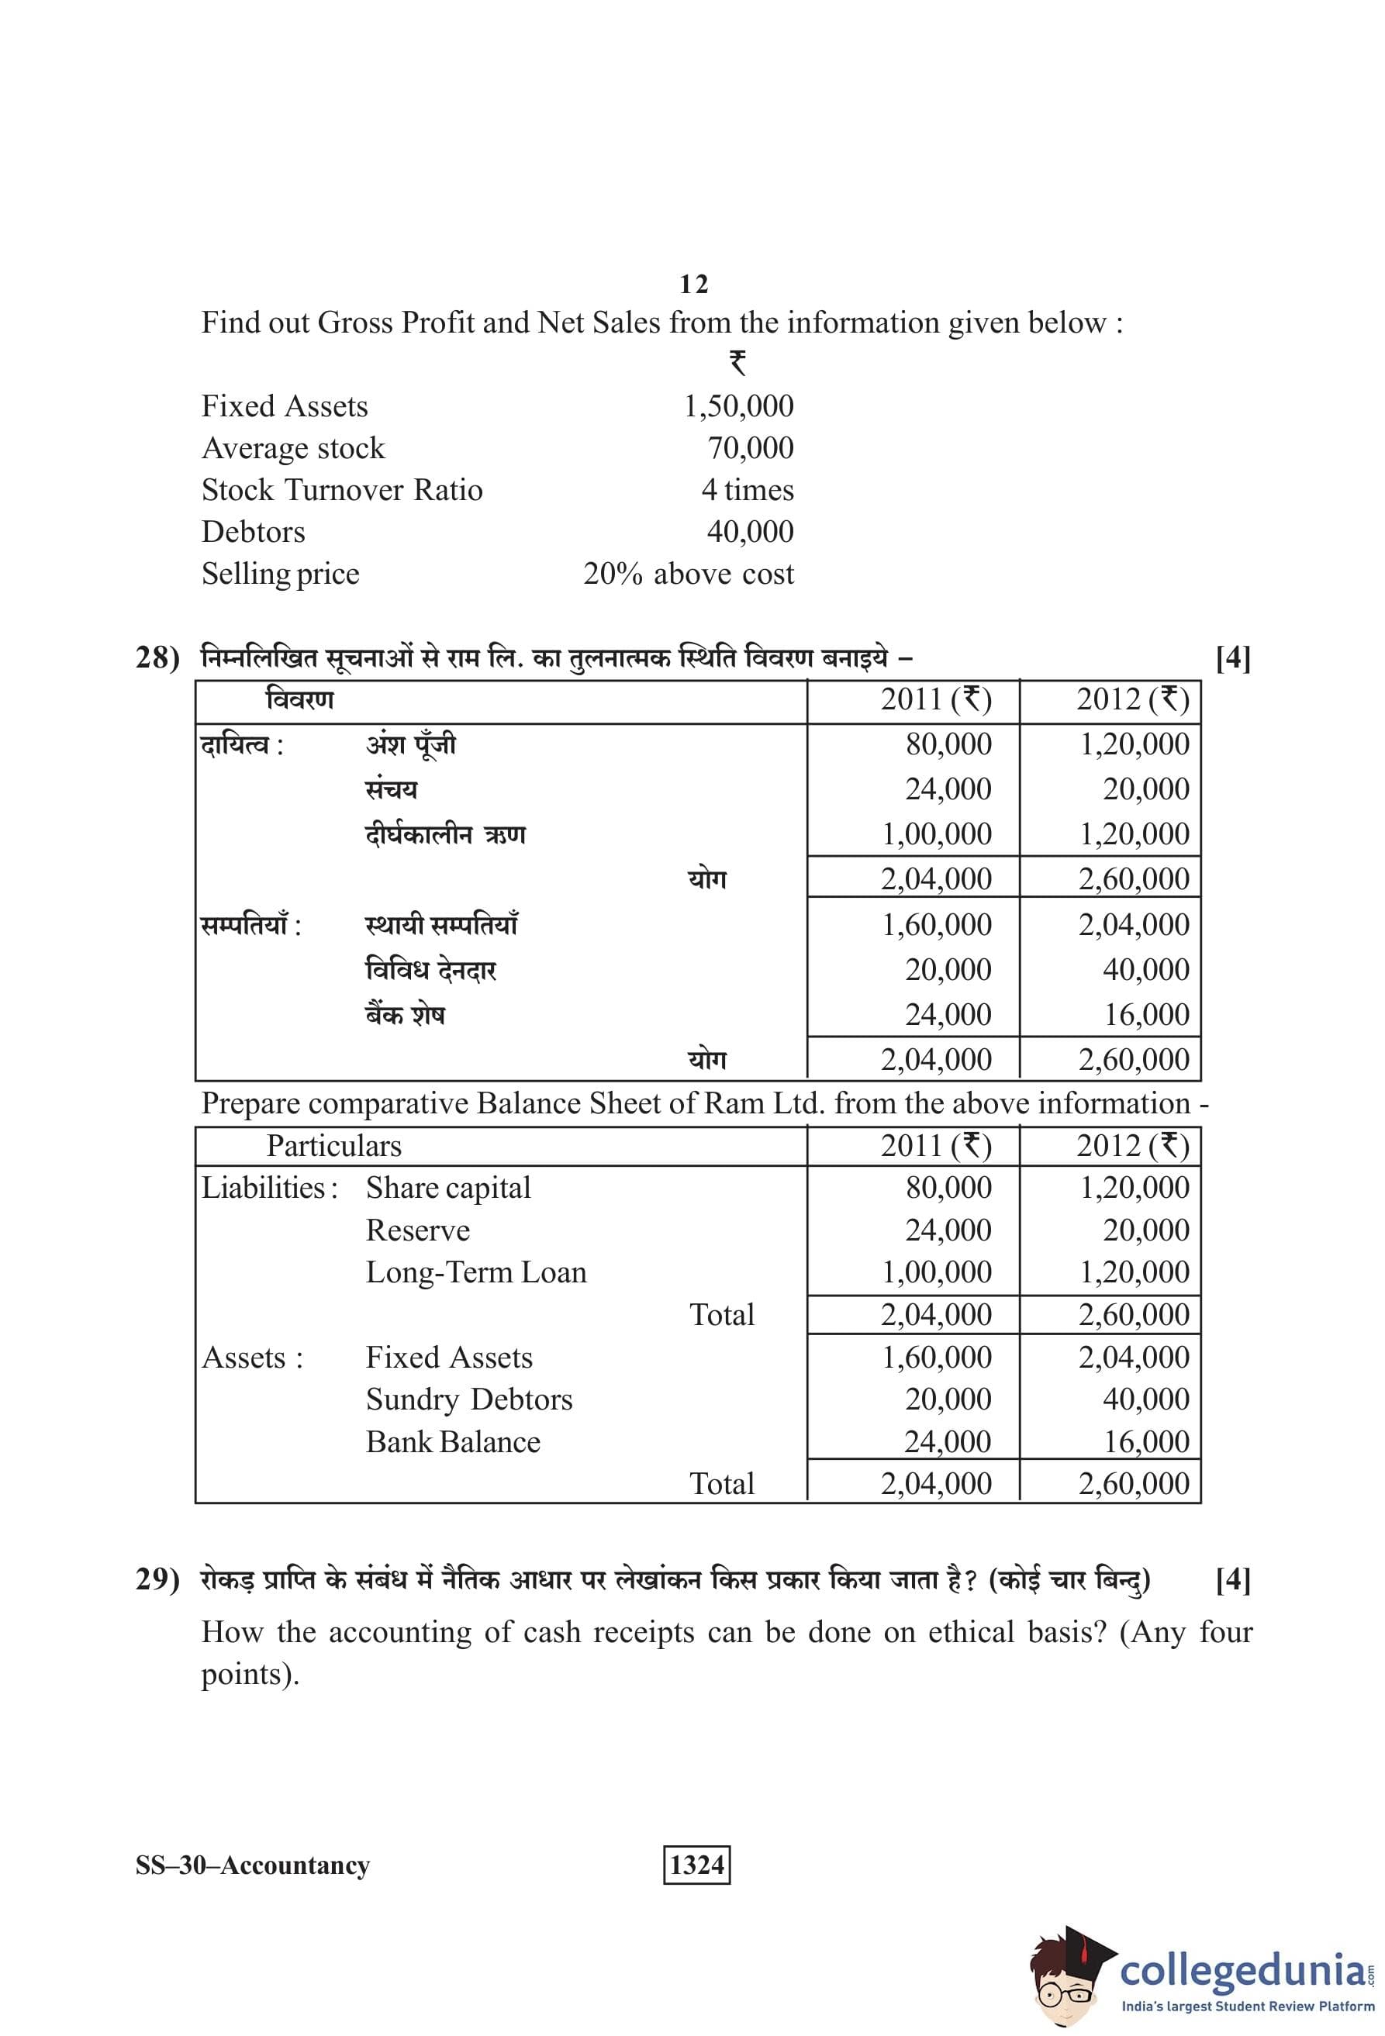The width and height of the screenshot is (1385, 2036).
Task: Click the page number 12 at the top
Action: tap(693, 284)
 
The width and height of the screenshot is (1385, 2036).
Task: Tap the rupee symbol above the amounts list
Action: tap(737, 362)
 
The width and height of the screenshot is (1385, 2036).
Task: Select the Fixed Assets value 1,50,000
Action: tap(737, 405)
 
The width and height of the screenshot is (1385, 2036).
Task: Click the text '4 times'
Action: tap(748, 490)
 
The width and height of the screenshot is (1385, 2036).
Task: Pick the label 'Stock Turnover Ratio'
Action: tap(342, 490)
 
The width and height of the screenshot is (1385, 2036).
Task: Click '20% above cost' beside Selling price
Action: tap(689, 574)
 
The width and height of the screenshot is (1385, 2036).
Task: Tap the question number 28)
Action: tap(157, 657)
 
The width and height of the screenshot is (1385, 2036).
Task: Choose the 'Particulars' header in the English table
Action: tap(333, 1146)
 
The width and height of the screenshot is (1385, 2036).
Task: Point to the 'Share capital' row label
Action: tap(447, 1188)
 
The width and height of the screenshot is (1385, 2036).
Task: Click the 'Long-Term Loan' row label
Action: tap(475, 1272)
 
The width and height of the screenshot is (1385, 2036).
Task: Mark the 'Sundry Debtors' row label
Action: tap(468, 1399)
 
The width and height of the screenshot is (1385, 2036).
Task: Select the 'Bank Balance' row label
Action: tap(453, 1441)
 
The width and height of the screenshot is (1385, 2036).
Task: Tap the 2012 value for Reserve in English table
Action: tap(1146, 1230)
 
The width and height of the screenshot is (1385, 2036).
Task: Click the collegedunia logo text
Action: tap(1241, 1969)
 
